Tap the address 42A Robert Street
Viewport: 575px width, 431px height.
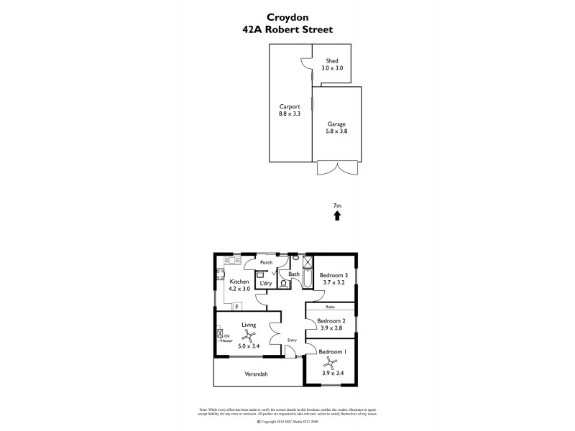click(x=287, y=31)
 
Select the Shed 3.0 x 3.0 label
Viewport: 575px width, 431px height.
click(x=332, y=65)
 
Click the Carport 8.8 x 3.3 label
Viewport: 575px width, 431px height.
click(x=289, y=110)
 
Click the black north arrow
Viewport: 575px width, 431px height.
click(x=337, y=215)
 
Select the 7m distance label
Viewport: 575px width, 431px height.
click(x=337, y=205)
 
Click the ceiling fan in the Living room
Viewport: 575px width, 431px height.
click(x=249, y=336)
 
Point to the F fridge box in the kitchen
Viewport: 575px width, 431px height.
click(x=236, y=307)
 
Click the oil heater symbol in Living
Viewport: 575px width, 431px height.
click(x=220, y=335)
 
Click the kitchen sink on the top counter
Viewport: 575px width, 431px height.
click(x=231, y=260)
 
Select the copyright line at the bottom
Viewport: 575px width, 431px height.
click(x=287, y=421)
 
